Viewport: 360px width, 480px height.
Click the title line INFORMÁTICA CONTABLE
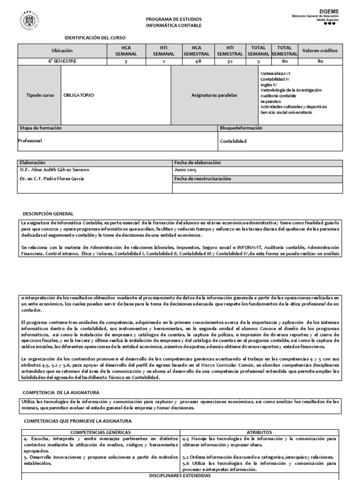[x=173, y=25]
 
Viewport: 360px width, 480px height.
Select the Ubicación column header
[x=62, y=51]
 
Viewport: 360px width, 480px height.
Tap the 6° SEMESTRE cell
[x=62, y=61]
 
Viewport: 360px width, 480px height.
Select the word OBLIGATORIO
[x=79, y=95]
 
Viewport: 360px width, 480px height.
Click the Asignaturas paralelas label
[x=214, y=95]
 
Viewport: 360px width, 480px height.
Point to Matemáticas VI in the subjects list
[x=275, y=74]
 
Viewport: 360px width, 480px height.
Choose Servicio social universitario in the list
[x=286, y=112]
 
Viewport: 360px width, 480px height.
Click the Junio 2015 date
[x=185, y=170]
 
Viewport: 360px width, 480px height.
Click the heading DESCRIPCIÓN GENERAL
[x=52, y=213]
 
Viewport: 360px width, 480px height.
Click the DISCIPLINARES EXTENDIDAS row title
[x=180, y=475]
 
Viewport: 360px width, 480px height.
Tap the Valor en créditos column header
[x=320, y=51]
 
